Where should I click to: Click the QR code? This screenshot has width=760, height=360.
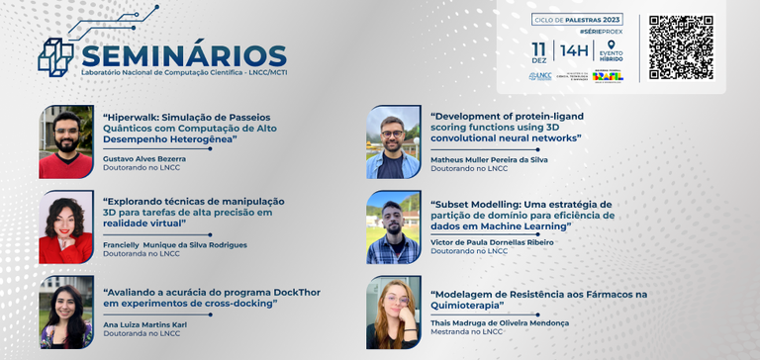681,46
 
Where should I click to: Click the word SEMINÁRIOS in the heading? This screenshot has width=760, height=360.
184,55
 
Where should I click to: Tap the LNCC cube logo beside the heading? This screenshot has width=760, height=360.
56,55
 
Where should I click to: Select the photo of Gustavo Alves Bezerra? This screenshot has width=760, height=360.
66,140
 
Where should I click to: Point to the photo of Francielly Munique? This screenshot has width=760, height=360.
66,226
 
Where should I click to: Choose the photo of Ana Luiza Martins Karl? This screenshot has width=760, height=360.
66,312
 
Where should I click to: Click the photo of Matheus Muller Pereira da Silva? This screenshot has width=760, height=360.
393,140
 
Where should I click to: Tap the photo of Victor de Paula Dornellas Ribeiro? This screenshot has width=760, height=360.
393,226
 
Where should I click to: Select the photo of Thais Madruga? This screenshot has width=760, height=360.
393,312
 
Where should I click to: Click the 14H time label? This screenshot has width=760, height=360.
574,48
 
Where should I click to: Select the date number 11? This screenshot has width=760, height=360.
539,47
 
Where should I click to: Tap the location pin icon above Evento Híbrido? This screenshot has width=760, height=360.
611,45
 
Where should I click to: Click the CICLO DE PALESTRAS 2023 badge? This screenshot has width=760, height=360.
577,20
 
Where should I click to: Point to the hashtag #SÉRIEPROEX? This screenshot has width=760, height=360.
601,33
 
